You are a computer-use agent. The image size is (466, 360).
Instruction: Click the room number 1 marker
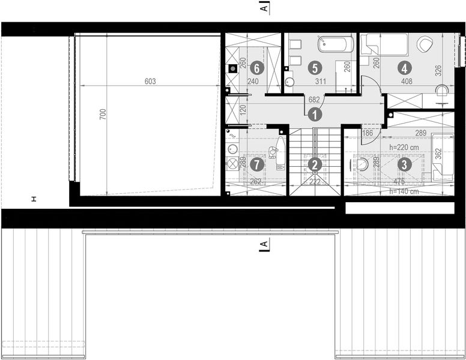click(316, 112)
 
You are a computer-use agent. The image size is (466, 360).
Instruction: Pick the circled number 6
click(256, 68)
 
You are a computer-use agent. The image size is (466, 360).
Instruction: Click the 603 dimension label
click(150, 82)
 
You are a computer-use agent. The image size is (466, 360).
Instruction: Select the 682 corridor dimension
click(313, 100)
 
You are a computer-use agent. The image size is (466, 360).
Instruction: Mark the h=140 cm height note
click(404, 192)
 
